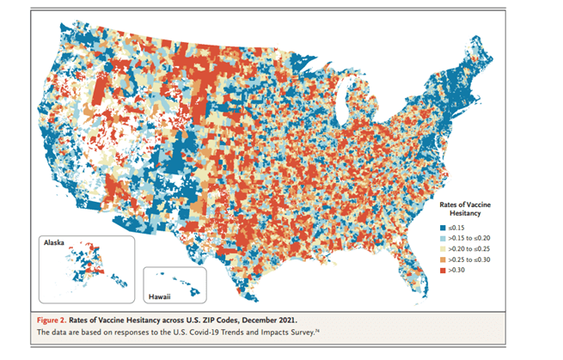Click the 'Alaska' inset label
[x=54, y=243]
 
